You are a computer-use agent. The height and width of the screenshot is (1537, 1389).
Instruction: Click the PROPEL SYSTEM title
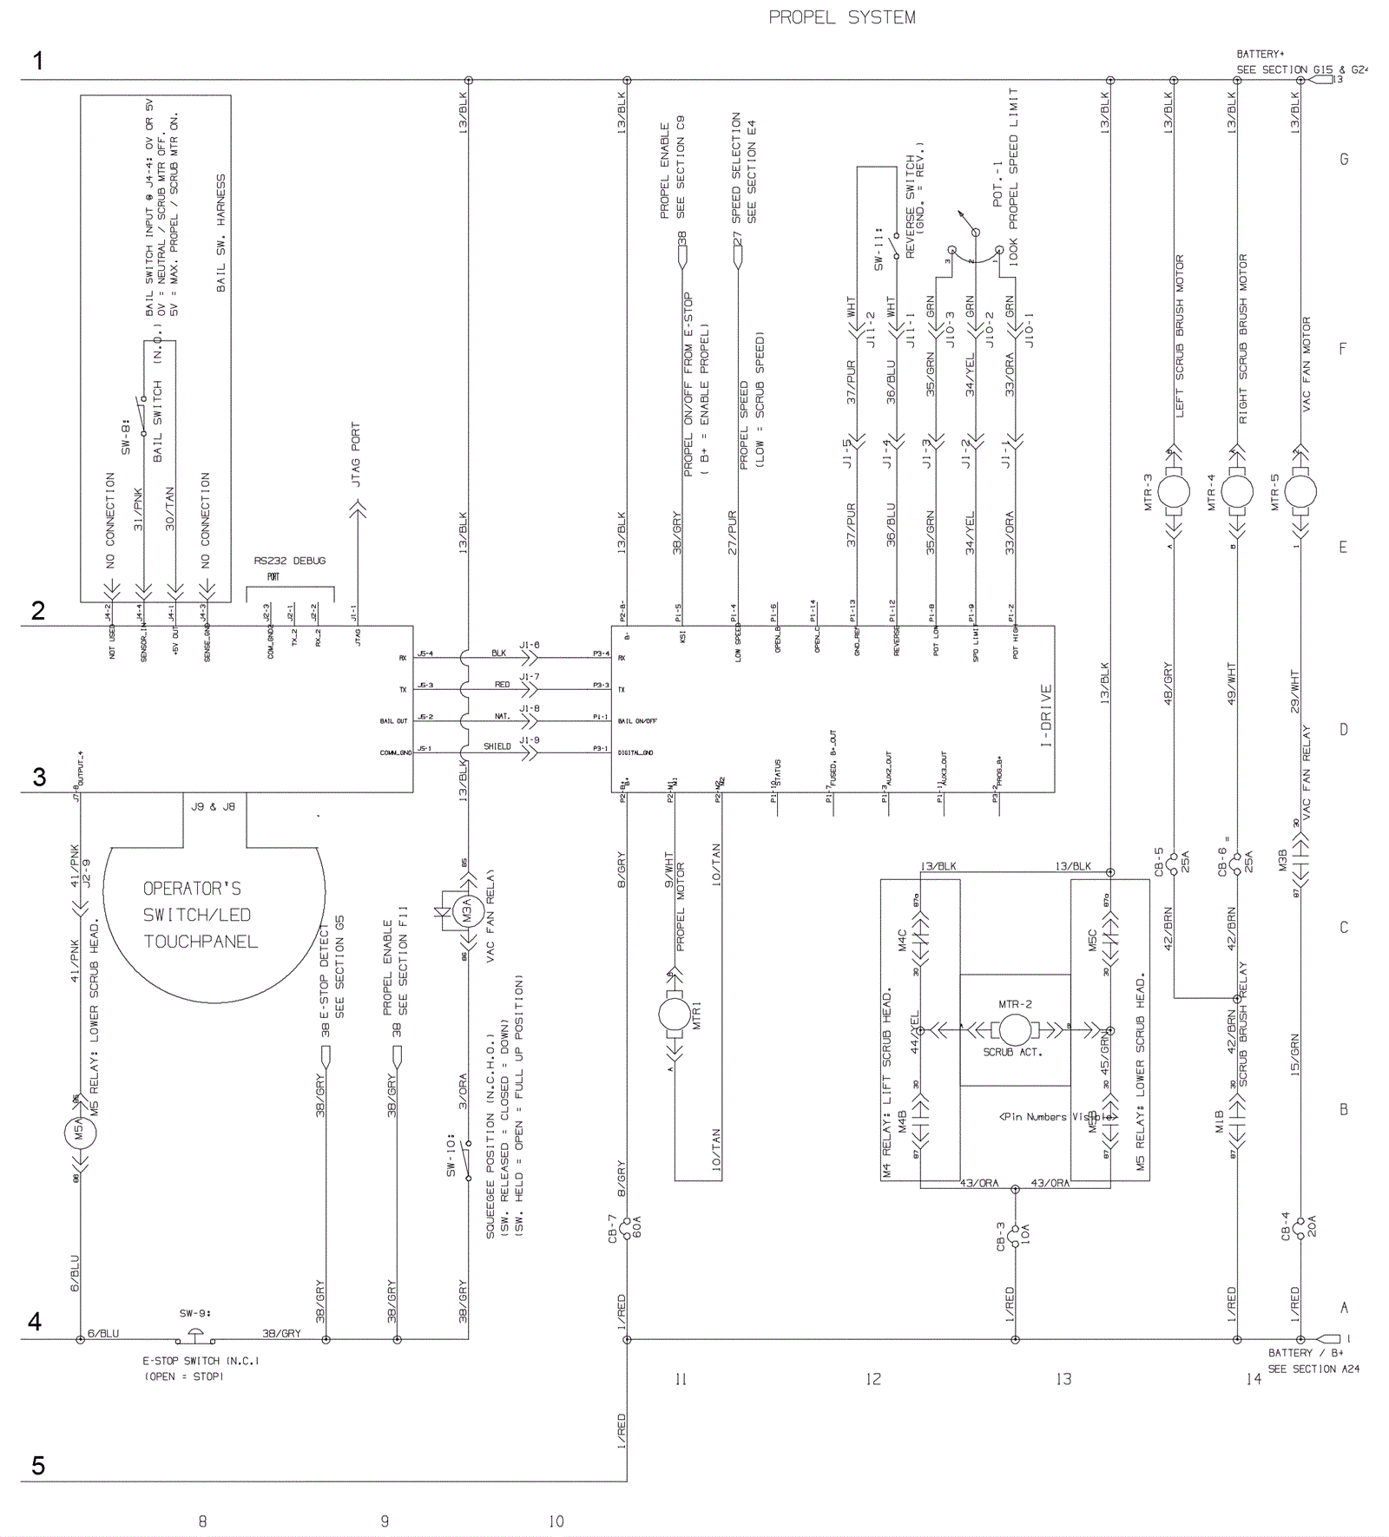point(841,17)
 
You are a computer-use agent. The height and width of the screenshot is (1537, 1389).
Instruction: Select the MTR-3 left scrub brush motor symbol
point(1173,492)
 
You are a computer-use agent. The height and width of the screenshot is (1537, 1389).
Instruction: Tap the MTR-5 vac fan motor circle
point(1300,492)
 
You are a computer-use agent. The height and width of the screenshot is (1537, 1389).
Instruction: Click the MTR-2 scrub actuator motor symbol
point(1014,1030)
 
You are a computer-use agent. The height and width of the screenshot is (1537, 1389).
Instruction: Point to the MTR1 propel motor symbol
point(675,1015)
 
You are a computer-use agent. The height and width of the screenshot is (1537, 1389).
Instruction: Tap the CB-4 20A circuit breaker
point(1300,1228)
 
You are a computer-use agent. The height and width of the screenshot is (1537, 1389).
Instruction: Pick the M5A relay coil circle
point(80,1132)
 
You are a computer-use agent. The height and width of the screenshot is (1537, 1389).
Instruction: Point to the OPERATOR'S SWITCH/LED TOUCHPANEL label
point(201,915)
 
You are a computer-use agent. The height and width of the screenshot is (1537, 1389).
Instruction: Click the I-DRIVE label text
point(1046,716)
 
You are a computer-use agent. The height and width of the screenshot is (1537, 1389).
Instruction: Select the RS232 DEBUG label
point(290,561)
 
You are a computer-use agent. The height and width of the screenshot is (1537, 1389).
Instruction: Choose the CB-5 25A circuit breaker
point(1173,864)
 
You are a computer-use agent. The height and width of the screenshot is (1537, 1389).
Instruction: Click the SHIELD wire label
point(497,746)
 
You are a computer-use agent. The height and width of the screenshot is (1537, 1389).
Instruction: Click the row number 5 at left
point(38,1466)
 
